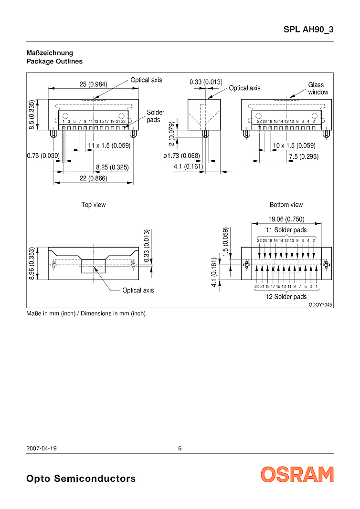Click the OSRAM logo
click(297, 474)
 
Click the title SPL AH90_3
click(308, 30)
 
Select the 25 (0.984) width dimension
click(94, 84)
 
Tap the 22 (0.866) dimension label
click(94, 178)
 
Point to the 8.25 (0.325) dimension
click(112, 167)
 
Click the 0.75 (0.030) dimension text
click(43, 156)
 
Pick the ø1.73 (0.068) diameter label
click(181, 156)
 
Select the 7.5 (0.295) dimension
click(304, 156)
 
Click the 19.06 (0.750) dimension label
click(286, 219)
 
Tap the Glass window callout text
click(318, 88)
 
